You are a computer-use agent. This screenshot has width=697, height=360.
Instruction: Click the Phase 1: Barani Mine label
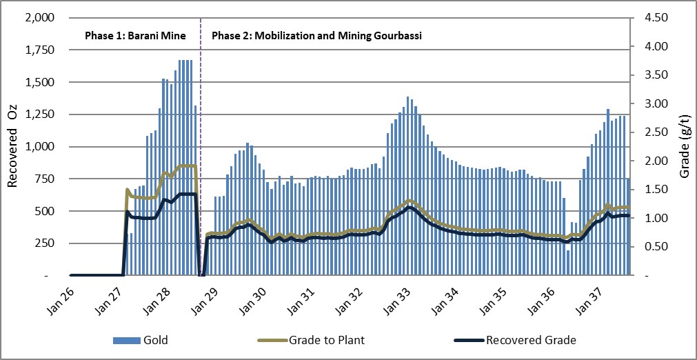point(131,34)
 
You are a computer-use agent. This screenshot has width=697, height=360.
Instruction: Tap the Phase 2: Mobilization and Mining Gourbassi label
point(316,34)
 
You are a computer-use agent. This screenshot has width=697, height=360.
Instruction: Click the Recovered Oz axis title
point(12,146)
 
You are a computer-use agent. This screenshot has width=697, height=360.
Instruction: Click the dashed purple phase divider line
point(200,138)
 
